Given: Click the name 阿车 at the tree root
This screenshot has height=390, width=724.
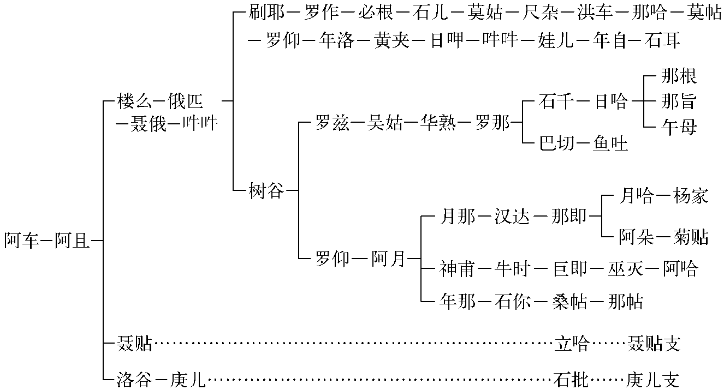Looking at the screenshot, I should (x=22, y=241).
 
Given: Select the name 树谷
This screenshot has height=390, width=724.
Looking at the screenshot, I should (x=266, y=190).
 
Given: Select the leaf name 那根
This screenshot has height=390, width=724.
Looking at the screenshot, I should (x=679, y=76).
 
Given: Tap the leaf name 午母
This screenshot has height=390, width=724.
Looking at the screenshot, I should (x=679, y=127).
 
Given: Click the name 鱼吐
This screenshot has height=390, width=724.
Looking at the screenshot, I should (x=610, y=143).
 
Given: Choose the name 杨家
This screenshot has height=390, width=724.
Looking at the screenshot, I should (x=691, y=196).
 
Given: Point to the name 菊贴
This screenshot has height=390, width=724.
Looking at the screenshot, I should (x=691, y=237).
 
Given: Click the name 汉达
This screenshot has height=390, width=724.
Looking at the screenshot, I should (x=512, y=217).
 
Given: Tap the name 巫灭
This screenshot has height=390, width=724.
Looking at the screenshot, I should (x=625, y=268).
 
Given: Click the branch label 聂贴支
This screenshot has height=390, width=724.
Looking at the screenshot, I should (x=654, y=344).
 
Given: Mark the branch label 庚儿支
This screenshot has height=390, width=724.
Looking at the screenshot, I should (x=654, y=379).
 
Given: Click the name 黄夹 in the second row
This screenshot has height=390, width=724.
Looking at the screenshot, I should (x=391, y=41).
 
